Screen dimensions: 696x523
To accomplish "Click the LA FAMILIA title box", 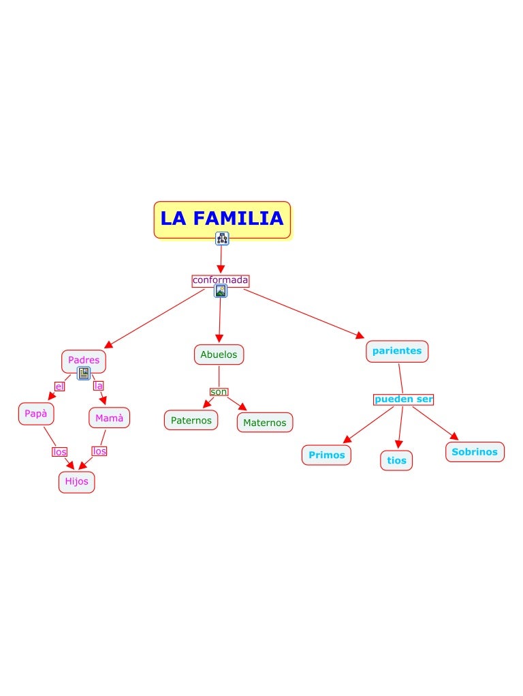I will [x=222, y=219].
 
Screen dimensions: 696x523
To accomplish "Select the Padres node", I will [x=83, y=360].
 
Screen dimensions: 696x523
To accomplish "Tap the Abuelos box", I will [x=219, y=354].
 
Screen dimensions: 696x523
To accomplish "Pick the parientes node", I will [x=397, y=351].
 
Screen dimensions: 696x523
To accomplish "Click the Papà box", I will [x=36, y=413].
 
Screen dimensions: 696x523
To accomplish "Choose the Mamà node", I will [x=109, y=418].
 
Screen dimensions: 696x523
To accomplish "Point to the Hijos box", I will [x=76, y=481].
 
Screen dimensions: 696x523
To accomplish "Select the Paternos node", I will [x=191, y=420].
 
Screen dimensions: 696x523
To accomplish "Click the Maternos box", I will [x=265, y=423].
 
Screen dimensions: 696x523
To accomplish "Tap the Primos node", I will [x=326, y=455].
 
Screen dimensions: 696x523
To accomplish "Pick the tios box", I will [x=396, y=460].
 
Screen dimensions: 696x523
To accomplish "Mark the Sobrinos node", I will [x=475, y=451].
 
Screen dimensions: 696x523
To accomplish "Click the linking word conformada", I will [x=220, y=280].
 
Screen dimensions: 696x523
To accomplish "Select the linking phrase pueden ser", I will [x=403, y=399].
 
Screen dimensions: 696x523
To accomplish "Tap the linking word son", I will [x=219, y=391].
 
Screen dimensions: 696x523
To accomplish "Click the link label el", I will [x=59, y=387].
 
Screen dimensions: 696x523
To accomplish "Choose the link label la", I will [x=99, y=386].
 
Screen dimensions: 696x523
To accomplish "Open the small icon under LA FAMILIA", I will [x=222, y=239].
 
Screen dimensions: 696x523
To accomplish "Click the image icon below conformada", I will [x=221, y=291].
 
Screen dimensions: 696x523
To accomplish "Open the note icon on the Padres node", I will [x=84, y=373].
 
